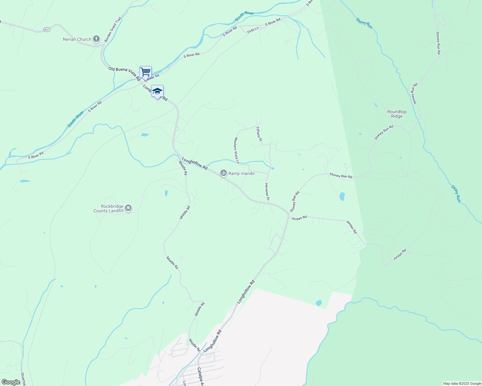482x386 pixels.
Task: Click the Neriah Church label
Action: coord(77,40)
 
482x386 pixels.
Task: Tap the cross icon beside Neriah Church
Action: coord(96,39)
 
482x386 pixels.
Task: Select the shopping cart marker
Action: coord(145,72)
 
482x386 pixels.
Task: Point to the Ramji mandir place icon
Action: coord(223,173)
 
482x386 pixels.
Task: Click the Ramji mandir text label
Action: coord(242,174)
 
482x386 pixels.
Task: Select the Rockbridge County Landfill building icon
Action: coord(128,208)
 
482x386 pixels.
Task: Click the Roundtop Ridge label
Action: coord(397,114)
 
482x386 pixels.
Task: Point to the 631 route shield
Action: coord(47,30)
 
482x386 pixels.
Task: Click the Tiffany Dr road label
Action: coord(259,134)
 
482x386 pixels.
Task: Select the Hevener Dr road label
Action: coord(267,192)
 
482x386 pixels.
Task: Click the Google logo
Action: coord(11,382)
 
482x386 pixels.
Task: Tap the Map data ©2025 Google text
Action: coord(462,383)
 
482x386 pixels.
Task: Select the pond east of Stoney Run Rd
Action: coord(342,196)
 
